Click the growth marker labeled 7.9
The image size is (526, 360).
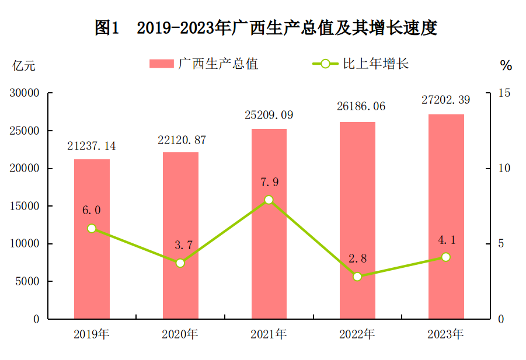269,200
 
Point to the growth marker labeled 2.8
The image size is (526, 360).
357,277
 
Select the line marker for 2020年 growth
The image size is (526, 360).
180,263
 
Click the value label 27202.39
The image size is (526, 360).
446,100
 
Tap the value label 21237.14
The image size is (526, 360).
92,146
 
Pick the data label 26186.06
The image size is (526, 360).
357,107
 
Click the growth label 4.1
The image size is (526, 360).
446,239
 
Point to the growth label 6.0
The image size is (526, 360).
92,210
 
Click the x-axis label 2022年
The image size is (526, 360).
357,334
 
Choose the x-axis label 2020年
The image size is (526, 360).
180,334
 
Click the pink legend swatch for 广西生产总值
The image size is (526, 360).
162,64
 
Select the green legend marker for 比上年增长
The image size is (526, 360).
325,64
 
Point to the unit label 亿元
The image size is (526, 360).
24,66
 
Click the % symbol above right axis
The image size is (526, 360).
506,66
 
